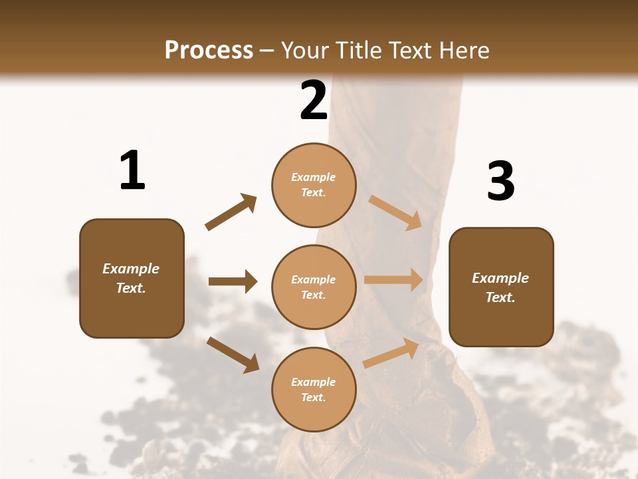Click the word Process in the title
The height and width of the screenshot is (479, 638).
click(209, 50)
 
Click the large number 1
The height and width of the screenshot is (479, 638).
click(132, 171)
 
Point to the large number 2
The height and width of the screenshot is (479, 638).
click(314, 100)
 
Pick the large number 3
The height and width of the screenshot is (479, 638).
click(500, 182)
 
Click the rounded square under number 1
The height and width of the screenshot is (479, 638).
click(132, 278)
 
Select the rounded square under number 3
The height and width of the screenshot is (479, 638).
click(501, 287)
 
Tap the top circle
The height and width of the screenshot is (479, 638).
click(314, 185)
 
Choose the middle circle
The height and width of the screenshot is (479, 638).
click(314, 287)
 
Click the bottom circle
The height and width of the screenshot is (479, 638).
click(314, 389)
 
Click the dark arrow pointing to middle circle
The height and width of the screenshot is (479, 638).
click(233, 281)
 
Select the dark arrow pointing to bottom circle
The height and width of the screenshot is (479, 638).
click(233, 355)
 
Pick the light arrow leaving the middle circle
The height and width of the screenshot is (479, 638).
click(393, 280)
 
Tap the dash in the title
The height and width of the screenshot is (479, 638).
click(267, 51)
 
